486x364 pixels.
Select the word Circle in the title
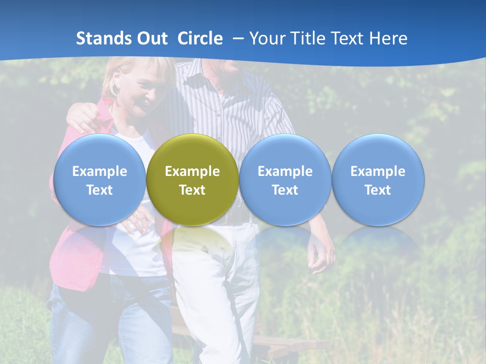200,38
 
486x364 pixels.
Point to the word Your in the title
266,38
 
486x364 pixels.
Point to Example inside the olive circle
192,171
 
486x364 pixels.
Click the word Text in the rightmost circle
378,190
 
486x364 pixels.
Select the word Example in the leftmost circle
99,171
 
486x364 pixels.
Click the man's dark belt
238,216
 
